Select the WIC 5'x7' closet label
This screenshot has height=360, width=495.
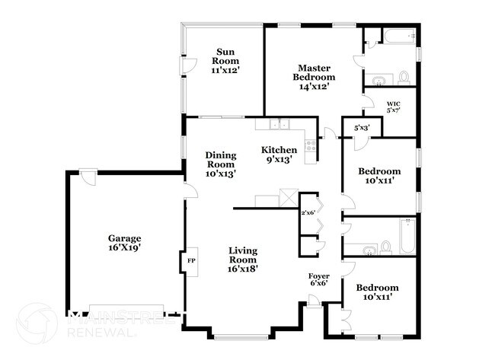tap(393, 107)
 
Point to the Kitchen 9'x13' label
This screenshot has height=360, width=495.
tap(279, 155)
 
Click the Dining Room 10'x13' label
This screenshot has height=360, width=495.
tap(221, 164)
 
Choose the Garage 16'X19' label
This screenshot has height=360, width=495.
tap(124, 243)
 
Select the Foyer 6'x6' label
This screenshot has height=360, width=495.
tap(318, 279)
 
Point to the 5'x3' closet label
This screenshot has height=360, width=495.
tap(362, 128)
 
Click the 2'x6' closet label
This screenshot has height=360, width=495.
tap(308, 213)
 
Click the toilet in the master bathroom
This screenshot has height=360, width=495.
tap(404, 77)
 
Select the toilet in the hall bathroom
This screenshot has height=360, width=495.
tap(386, 247)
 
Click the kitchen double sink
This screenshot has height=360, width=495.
tap(278, 126)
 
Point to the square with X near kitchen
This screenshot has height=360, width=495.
tap(288, 197)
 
